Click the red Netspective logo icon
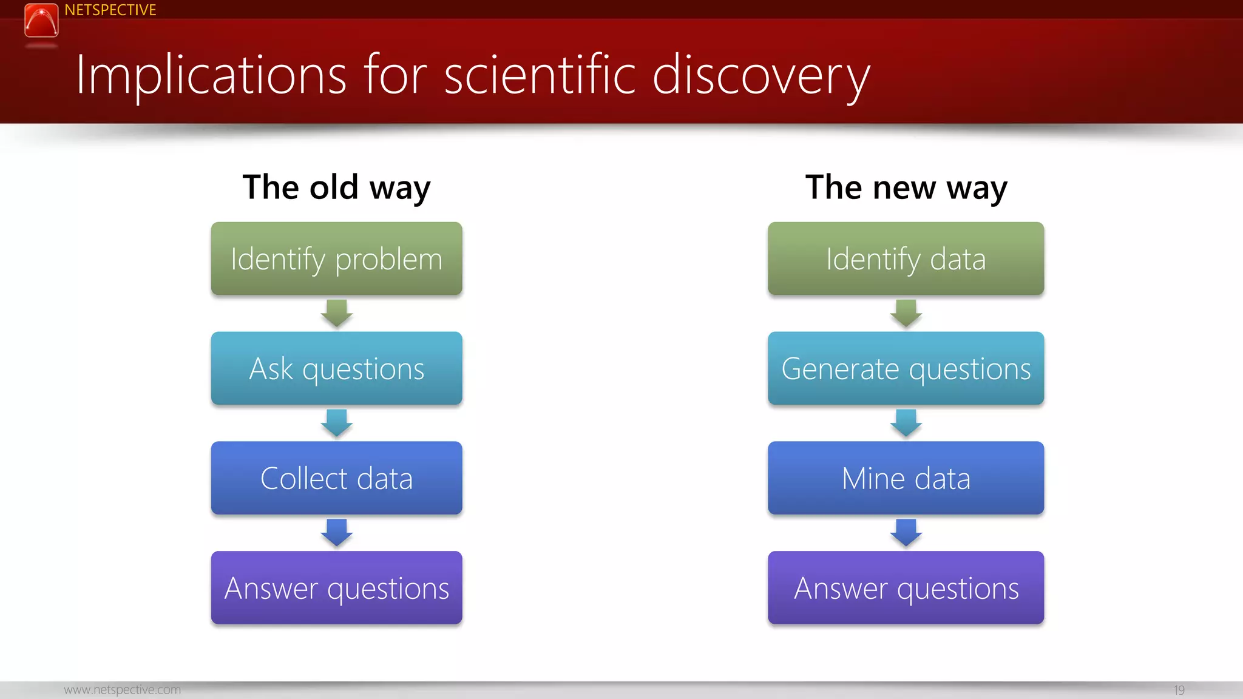(41, 20)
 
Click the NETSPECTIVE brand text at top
(110, 10)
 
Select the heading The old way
(336, 187)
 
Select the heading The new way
(906, 187)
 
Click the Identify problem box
(336, 259)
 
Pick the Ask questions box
(336, 368)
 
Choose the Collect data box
(336, 478)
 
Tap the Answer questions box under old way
(336, 588)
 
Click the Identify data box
(906, 259)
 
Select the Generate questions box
(906, 368)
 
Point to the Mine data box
(906, 478)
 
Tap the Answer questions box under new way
(906, 588)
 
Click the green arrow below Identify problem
(336, 313)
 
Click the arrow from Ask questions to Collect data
(336, 423)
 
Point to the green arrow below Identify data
(906, 313)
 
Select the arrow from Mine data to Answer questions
(906, 532)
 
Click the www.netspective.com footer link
(122, 690)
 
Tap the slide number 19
(1179, 690)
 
